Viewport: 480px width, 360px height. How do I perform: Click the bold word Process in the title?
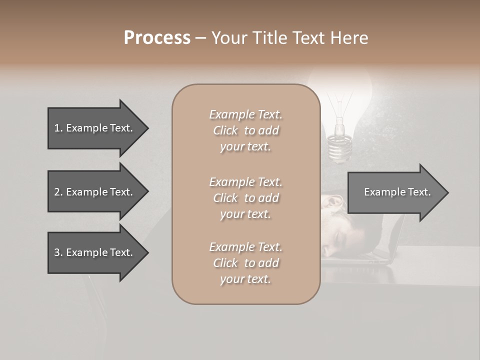click(157, 38)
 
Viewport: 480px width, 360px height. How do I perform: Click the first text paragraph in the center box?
click(245, 130)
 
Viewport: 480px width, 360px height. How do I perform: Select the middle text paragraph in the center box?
click(245, 198)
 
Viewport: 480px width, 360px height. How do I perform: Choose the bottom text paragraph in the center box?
click(245, 263)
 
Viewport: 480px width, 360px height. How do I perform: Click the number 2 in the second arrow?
click(57, 192)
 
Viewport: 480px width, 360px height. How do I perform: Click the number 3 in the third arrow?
click(57, 252)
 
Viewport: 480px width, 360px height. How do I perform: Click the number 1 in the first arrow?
click(57, 128)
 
